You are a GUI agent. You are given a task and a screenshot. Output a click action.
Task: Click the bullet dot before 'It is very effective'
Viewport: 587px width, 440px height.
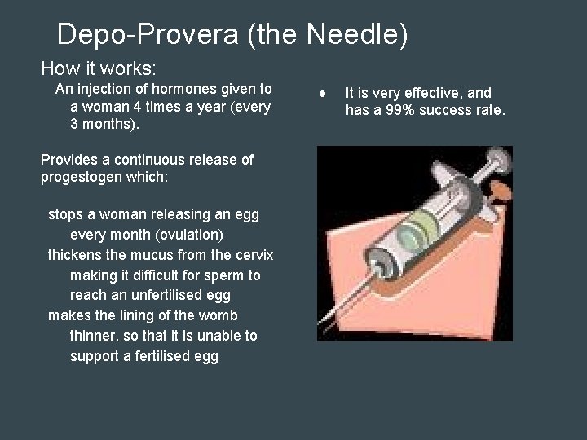(323, 92)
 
